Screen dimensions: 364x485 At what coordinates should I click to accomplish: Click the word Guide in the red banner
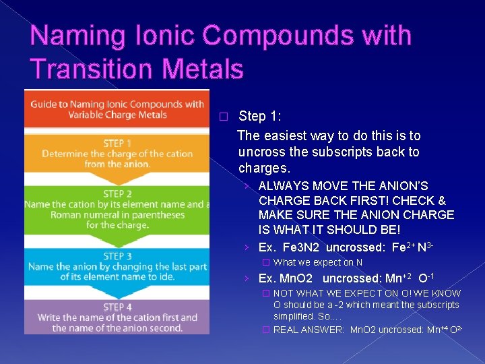click(x=44, y=104)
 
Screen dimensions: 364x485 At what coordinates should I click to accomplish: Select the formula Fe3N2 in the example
click(x=302, y=247)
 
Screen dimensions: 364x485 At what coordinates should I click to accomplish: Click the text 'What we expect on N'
click(x=318, y=263)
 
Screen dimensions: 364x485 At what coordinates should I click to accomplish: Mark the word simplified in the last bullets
click(x=295, y=316)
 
